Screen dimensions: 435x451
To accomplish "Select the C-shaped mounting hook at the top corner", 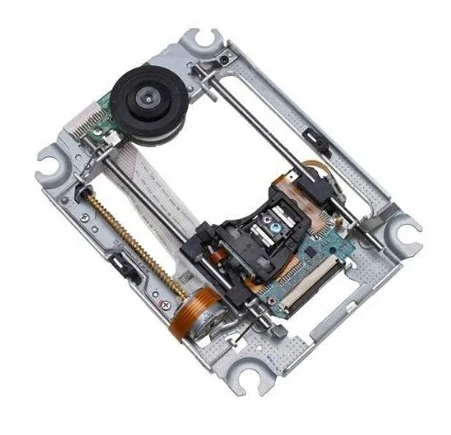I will point(199,40).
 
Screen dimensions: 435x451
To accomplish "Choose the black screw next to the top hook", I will point(225,61).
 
